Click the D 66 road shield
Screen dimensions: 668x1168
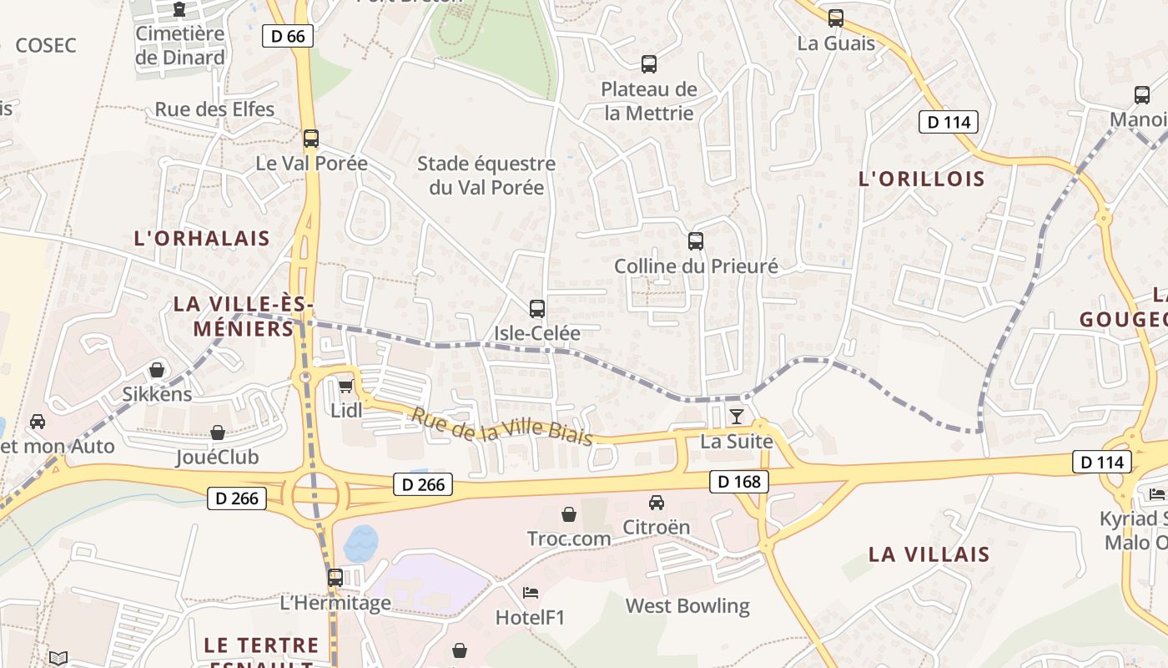[x=288, y=36]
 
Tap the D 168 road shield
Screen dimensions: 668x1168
[x=738, y=482]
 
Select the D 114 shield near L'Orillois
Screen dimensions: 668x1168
[x=949, y=122]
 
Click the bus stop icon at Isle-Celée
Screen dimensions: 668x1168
[x=537, y=309]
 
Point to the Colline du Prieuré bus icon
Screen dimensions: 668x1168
[x=696, y=241]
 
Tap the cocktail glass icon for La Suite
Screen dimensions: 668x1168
[x=736, y=417]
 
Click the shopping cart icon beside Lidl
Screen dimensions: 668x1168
[x=345, y=386]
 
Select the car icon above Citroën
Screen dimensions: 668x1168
[x=657, y=503]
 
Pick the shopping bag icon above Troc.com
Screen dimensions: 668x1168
[x=569, y=514]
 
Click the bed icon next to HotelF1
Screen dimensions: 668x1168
[x=531, y=593]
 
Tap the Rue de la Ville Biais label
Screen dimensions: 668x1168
[x=502, y=426]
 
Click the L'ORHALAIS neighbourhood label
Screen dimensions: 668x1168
[x=202, y=238]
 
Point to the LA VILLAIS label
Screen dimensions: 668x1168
[x=929, y=554]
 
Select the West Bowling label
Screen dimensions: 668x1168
[x=687, y=606]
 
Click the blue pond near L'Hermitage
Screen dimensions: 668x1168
[x=360, y=544]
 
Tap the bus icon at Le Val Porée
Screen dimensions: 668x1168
[x=311, y=139]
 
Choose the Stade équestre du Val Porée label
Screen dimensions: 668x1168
[x=486, y=175]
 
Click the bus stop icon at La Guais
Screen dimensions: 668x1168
[x=836, y=18]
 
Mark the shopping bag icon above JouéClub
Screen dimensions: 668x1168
[x=218, y=433]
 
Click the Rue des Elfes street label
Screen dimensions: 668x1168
[x=214, y=109]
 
